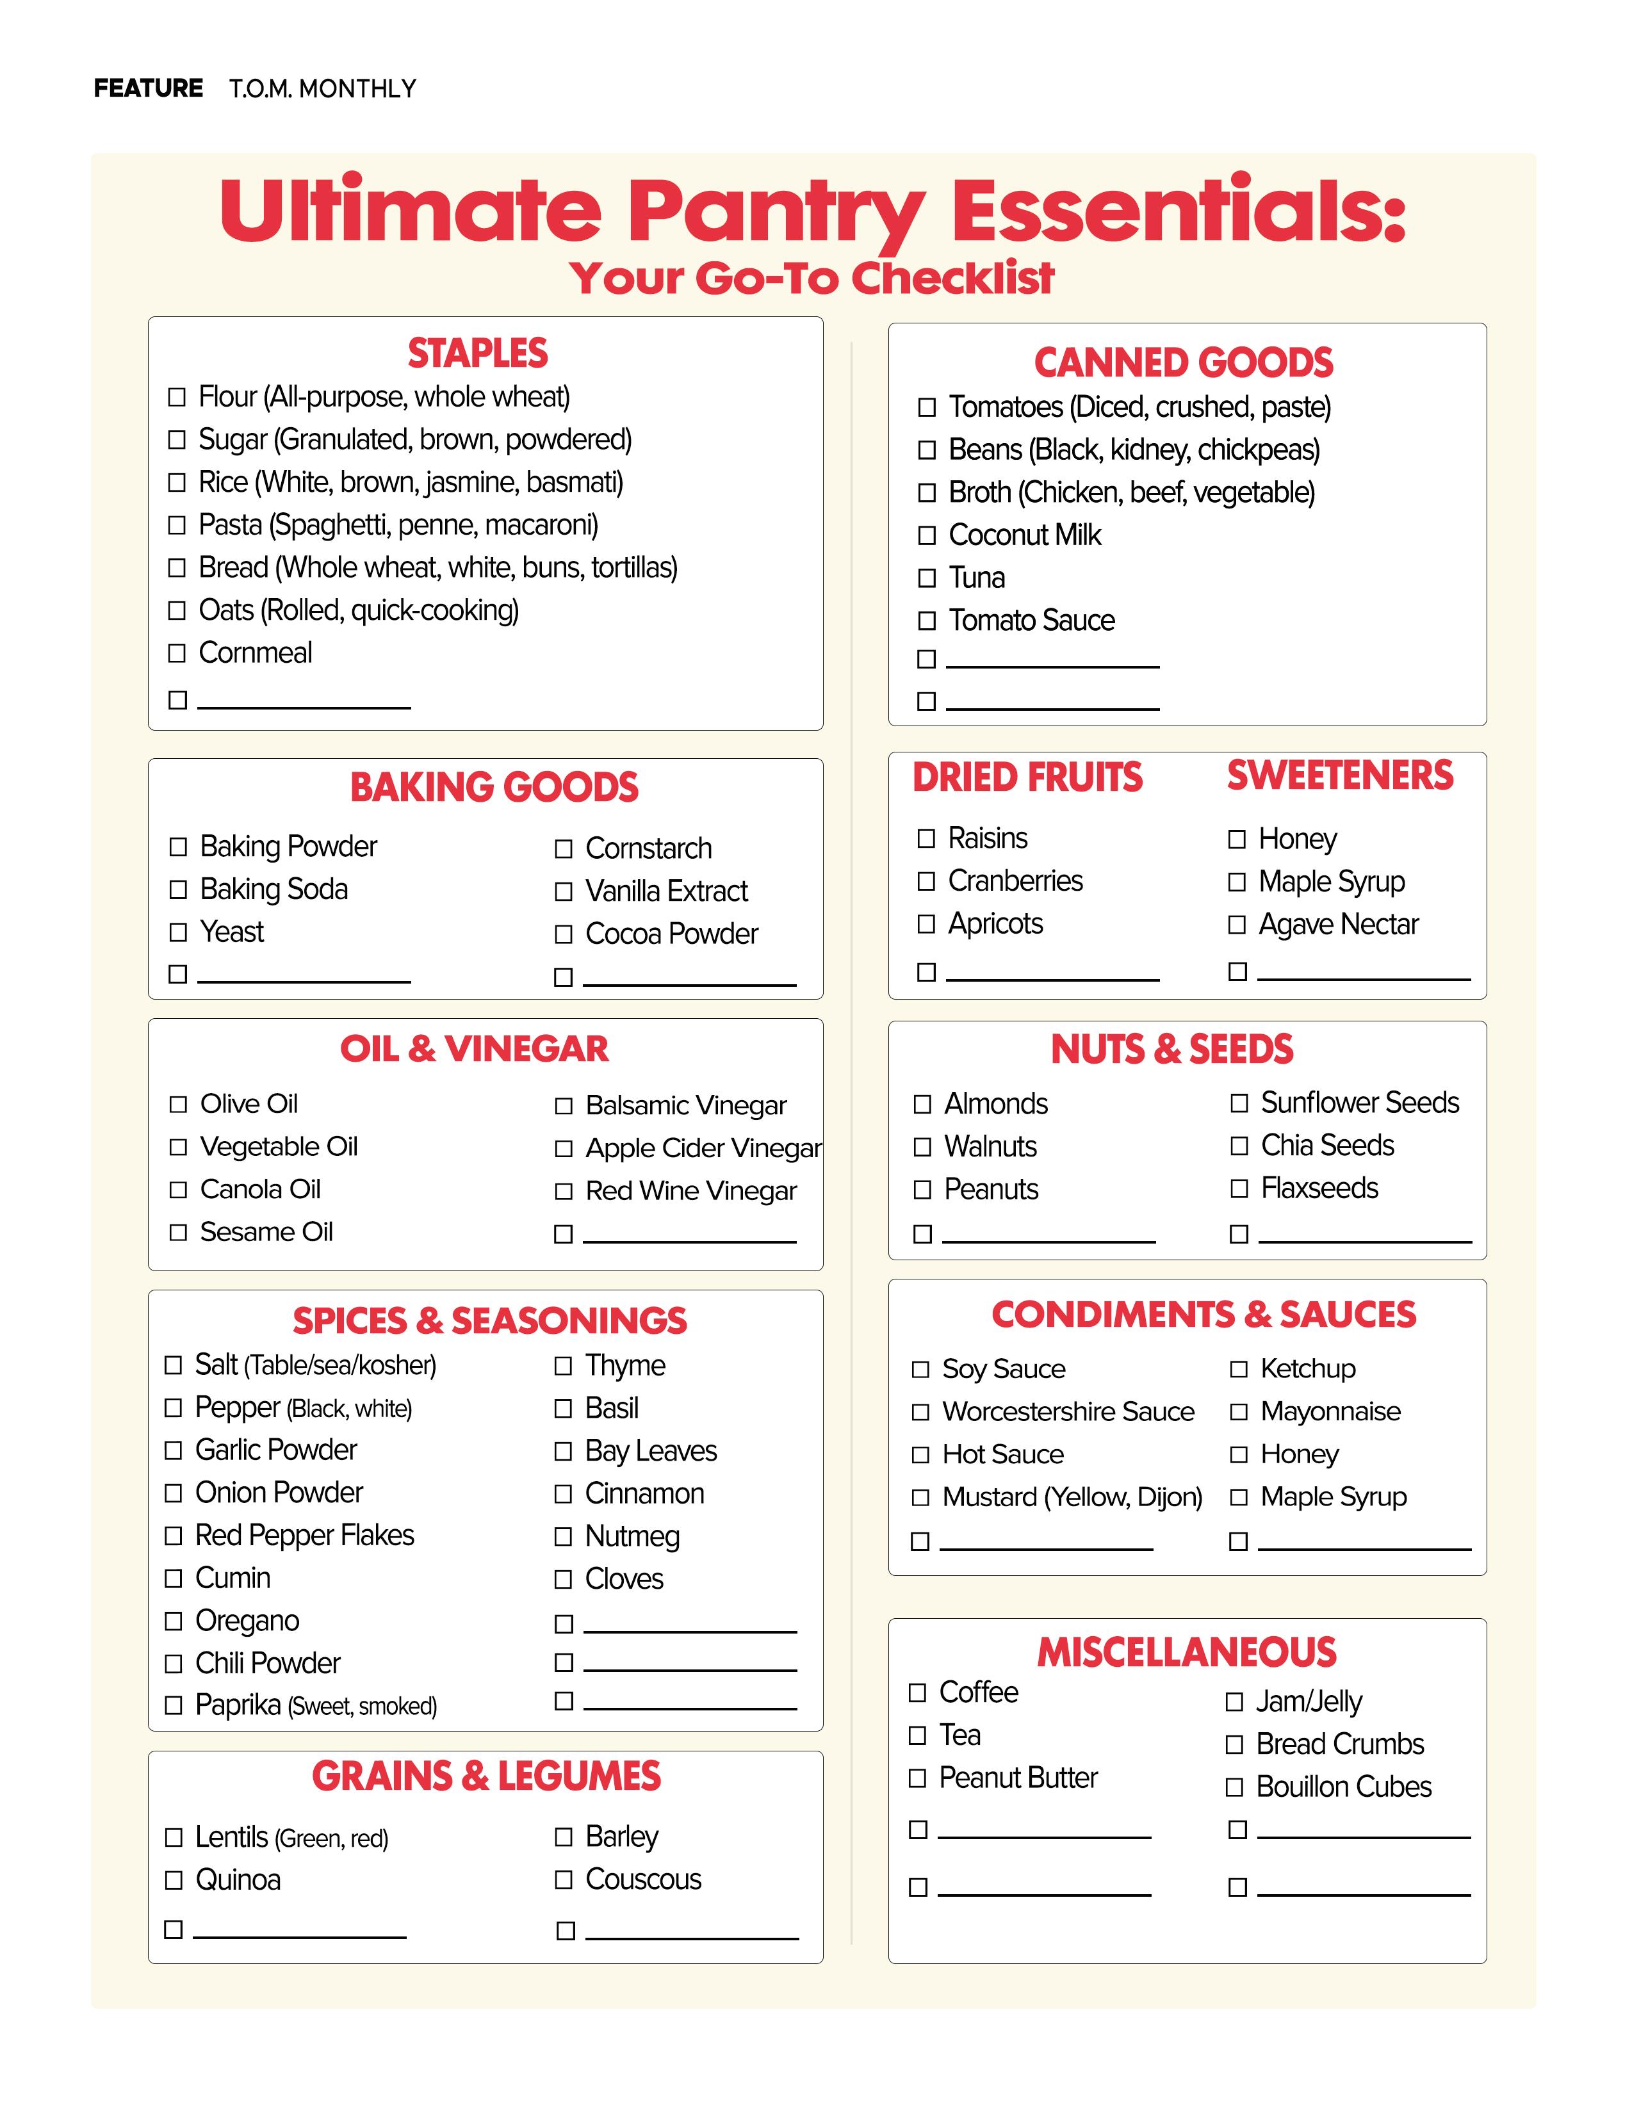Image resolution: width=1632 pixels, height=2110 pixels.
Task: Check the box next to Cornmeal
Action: click(x=177, y=653)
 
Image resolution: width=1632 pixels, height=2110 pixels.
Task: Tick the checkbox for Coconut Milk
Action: click(x=927, y=535)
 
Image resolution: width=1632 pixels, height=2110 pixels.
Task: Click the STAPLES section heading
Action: click(x=477, y=353)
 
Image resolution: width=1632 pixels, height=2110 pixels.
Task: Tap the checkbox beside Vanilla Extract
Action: click(x=564, y=892)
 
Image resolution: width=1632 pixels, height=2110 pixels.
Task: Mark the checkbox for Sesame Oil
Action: click(x=178, y=1232)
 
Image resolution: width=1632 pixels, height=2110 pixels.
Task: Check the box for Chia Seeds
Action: click(x=1239, y=1146)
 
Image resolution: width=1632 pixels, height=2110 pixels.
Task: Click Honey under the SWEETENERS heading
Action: click(x=1297, y=839)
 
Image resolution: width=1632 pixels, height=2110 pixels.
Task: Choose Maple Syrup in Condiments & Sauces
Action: click(x=1334, y=1497)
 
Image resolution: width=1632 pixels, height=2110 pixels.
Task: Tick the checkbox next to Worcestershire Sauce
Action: click(x=920, y=1413)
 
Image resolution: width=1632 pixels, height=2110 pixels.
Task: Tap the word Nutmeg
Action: click(x=632, y=1536)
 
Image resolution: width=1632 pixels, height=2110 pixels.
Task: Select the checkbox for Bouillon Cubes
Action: click(x=1234, y=1787)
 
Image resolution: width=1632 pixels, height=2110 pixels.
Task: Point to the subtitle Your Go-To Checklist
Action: click(x=812, y=279)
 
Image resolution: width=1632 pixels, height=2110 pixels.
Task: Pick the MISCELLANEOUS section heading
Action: click(x=1187, y=1652)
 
